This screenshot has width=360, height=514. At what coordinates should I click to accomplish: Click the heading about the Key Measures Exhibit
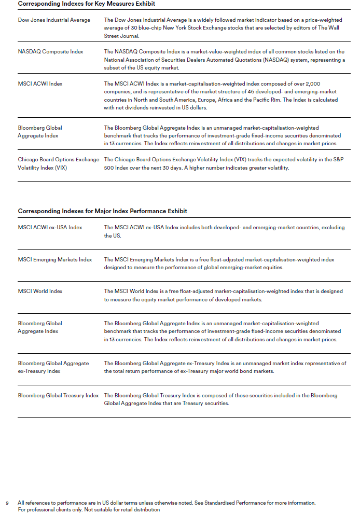pos(86,4)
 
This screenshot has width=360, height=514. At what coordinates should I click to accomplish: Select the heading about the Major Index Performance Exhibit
pos(102,211)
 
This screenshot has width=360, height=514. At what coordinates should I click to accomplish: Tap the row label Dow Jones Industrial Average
pos(54,20)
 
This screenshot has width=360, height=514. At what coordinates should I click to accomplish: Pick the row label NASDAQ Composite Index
pos(50,52)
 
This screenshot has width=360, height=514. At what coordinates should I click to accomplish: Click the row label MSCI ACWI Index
pos(40,84)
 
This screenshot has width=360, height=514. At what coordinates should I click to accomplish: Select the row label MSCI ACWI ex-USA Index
pos(50,227)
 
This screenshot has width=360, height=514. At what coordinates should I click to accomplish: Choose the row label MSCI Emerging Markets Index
pos(55,259)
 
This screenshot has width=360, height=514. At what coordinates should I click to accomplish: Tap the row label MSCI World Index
pos(40,291)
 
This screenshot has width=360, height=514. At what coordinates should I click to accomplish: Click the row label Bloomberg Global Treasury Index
pos(58,395)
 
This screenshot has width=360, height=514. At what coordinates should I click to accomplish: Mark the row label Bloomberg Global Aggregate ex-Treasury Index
pos(53,367)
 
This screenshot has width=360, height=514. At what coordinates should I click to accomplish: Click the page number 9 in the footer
pos(7,503)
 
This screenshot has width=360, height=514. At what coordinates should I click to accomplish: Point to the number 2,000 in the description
pos(328,84)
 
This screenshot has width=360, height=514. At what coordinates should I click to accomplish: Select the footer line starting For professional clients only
pos(89,509)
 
